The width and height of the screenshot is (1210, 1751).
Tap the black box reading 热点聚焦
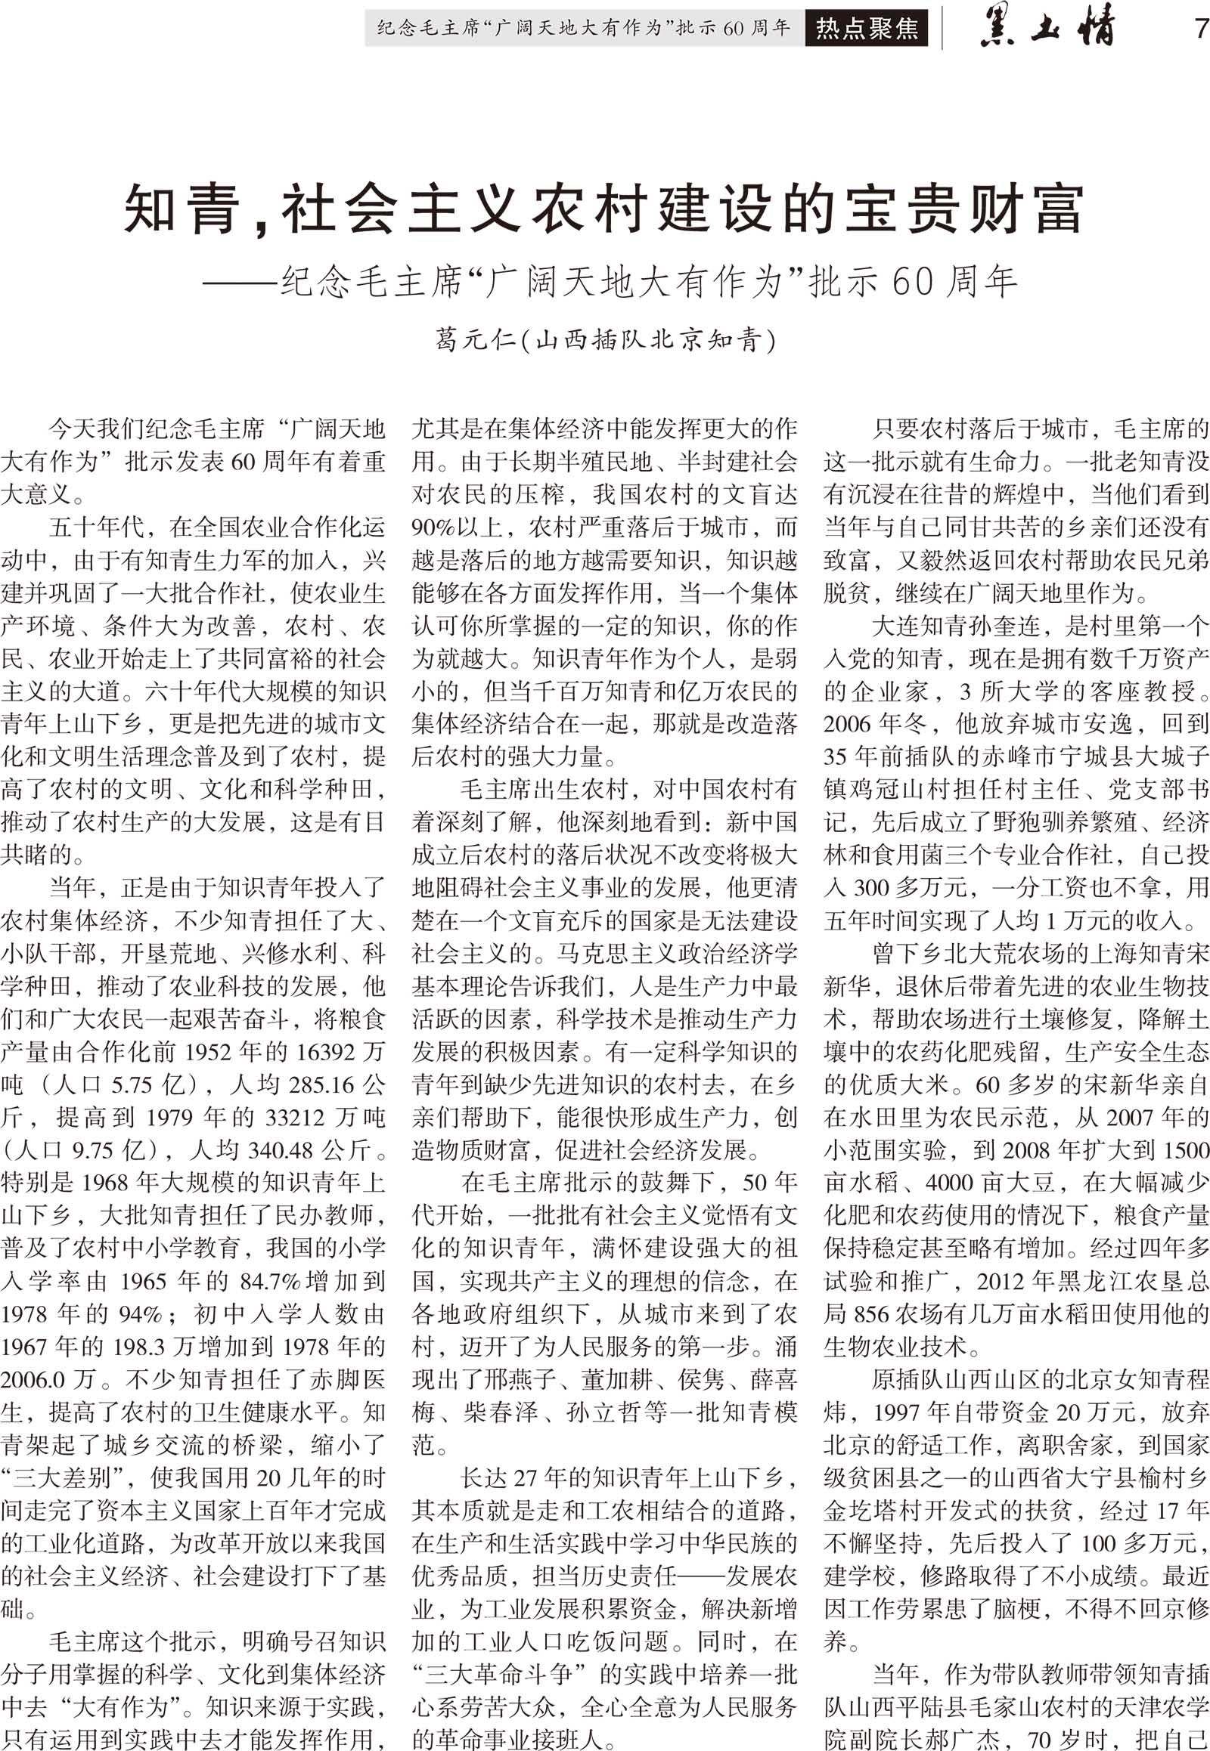866,29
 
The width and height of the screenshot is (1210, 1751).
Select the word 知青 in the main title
181,210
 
